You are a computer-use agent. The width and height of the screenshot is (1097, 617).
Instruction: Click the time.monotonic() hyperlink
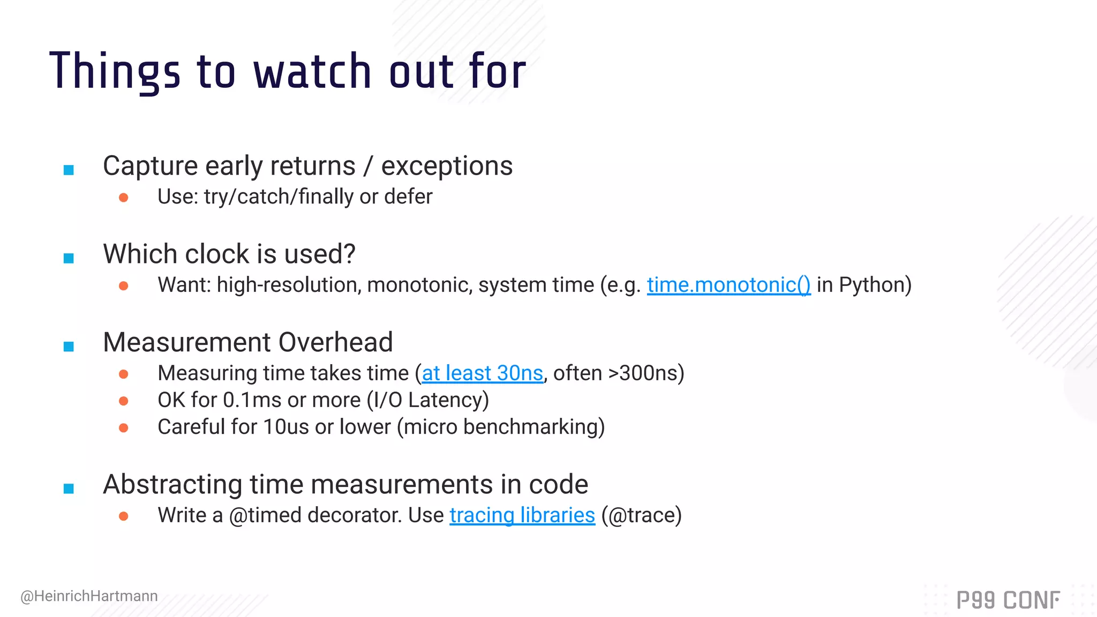pos(728,285)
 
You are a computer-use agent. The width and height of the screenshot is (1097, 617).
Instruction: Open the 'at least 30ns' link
pos(482,373)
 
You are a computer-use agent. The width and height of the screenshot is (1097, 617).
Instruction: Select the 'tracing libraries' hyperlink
pos(522,515)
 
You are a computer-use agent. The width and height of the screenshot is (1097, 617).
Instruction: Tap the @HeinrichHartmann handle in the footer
pos(89,596)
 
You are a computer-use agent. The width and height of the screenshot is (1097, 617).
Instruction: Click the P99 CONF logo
pos(1008,600)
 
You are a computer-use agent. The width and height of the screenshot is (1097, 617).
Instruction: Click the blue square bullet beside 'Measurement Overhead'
pos(69,347)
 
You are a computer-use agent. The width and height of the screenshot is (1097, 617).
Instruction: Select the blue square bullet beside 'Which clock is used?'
pos(69,258)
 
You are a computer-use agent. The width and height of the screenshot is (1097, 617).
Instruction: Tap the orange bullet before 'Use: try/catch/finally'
pos(124,198)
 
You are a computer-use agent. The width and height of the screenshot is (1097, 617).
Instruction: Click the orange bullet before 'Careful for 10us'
pos(124,428)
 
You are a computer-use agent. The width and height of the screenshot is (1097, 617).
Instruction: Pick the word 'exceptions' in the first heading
pos(447,166)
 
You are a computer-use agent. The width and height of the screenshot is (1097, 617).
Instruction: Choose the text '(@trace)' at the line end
pos(641,515)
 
